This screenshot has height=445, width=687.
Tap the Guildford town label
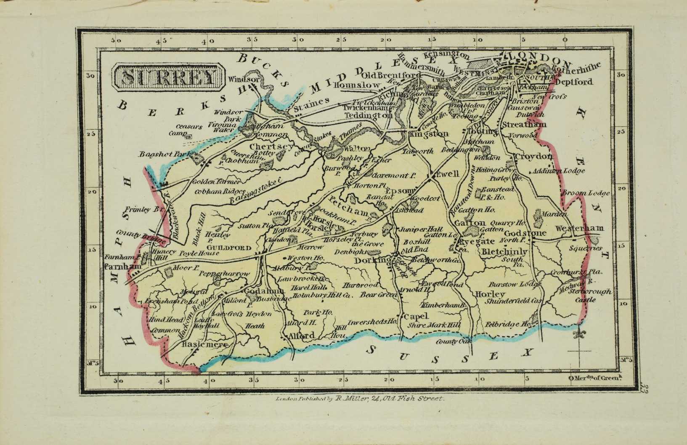[224, 248]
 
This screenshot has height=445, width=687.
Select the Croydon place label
[533, 157]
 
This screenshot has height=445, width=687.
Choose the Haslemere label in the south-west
[204, 344]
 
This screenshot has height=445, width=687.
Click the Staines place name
[311, 102]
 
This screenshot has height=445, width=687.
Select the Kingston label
[428, 133]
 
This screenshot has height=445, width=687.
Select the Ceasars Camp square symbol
[189, 136]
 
